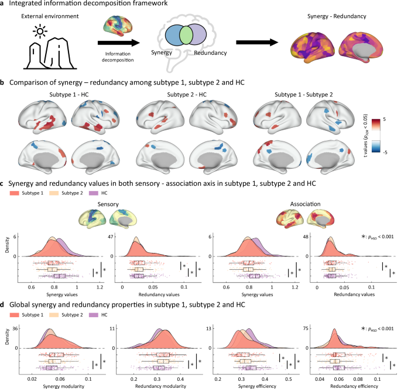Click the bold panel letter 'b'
click(4, 83)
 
